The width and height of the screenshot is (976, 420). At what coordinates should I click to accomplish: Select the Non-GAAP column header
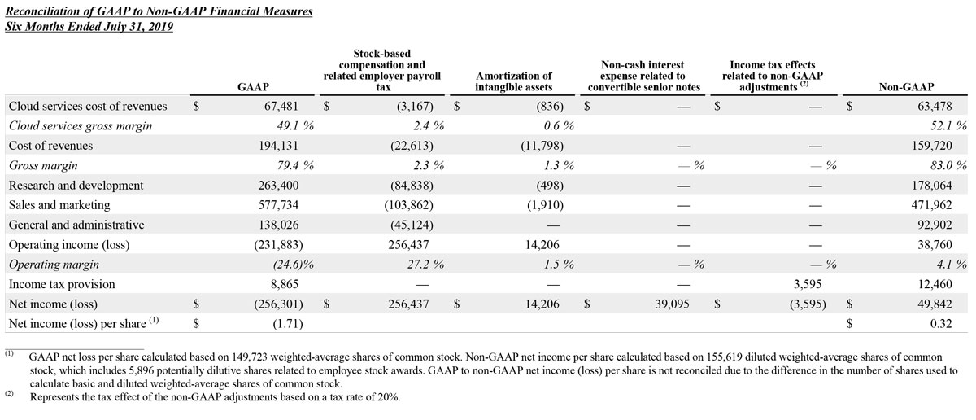tap(906, 85)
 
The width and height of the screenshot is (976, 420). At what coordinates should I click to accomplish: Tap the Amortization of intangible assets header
tap(513, 81)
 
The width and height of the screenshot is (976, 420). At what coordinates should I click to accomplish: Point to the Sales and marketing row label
tap(59, 205)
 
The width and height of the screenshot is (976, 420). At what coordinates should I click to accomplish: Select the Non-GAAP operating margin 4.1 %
tap(948, 265)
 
